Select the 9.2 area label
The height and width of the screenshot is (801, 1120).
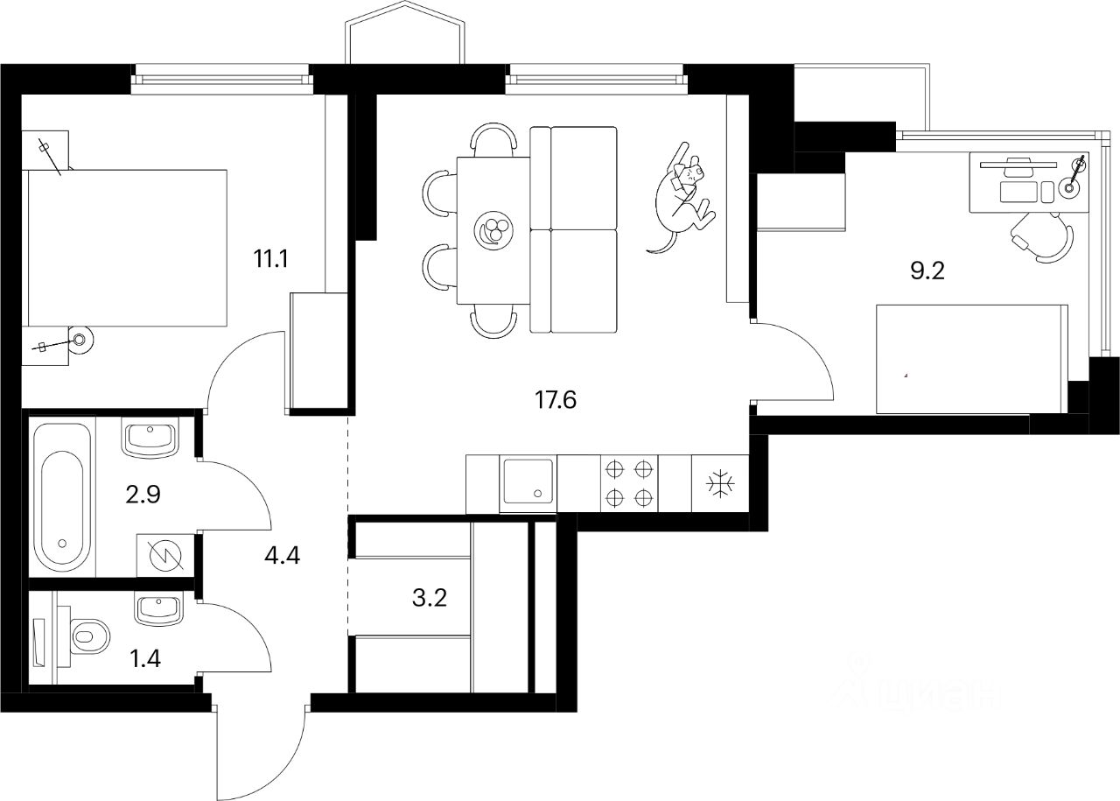(x=929, y=271)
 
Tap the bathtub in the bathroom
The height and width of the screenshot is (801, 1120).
(x=61, y=497)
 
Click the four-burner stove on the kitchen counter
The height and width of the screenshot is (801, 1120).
(x=630, y=483)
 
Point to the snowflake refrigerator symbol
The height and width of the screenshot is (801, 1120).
(x=720, y=483)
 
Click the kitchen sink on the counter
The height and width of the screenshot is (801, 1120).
(x=527, y=483)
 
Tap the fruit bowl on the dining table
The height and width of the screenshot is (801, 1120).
(x=492, y=231)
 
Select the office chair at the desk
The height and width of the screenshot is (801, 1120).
(x=1043, y=238)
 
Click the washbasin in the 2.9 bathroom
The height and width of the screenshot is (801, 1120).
(x=151, y=436)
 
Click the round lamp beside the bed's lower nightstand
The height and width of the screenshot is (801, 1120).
(x=80, y=340)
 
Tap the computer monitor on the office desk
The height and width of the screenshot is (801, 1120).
(x=1018, y=163)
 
